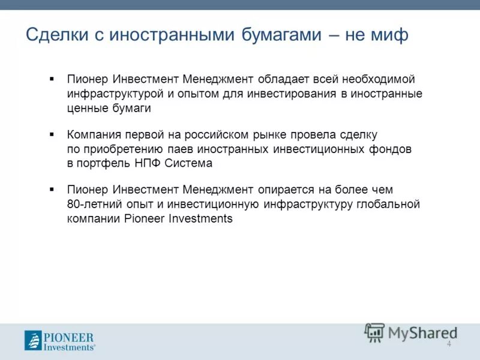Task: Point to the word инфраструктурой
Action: pyautogui.click(x=113, y=94)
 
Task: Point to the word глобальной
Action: pyautogui.click(x=391, y=204)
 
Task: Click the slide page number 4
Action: pyautogui.click(x=449, y=343)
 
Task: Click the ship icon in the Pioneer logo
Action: pyautogui.click(x=33, y=341)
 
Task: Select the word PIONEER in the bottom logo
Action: pyautogui.click(x=69, y=337)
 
